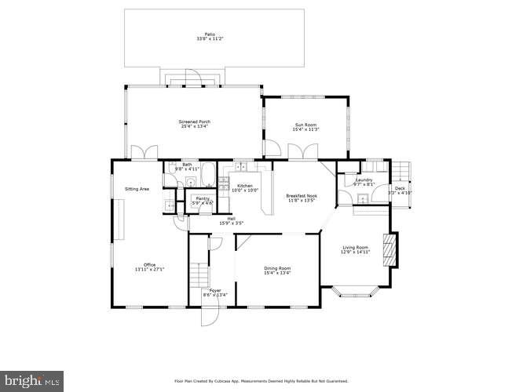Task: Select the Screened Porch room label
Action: [195, 122]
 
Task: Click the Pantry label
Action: [202, 198]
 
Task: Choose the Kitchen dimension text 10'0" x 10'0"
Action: [245, 191]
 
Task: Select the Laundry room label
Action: [364, 180]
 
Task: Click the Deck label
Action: [400, 187]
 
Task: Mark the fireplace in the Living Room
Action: [386, 252]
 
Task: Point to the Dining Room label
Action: [277, 269]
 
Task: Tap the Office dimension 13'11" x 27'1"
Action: [149, 269]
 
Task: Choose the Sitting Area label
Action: [138, 189]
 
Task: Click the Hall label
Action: [232, 218]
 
